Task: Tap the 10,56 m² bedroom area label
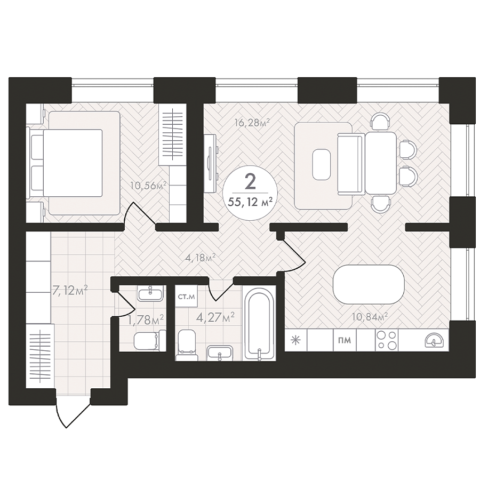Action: coord(148,185)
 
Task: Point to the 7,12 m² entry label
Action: coord(70,290)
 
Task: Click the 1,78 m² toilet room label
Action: coord(146,319)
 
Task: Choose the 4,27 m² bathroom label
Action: coord(215,317)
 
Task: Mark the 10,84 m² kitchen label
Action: coord(370,316)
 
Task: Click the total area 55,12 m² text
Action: coord(250,202)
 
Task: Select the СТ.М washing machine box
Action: coord(187,297)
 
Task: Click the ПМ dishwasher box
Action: coord(345,340)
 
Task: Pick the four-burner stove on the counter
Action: coord(387,340)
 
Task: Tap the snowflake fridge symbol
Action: coord(295,340)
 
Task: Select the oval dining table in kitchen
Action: coord(369,284)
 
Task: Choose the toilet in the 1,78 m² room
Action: coord(150,340)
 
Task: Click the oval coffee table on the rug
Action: coord(322,164)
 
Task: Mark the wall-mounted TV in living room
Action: coord(211,164)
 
